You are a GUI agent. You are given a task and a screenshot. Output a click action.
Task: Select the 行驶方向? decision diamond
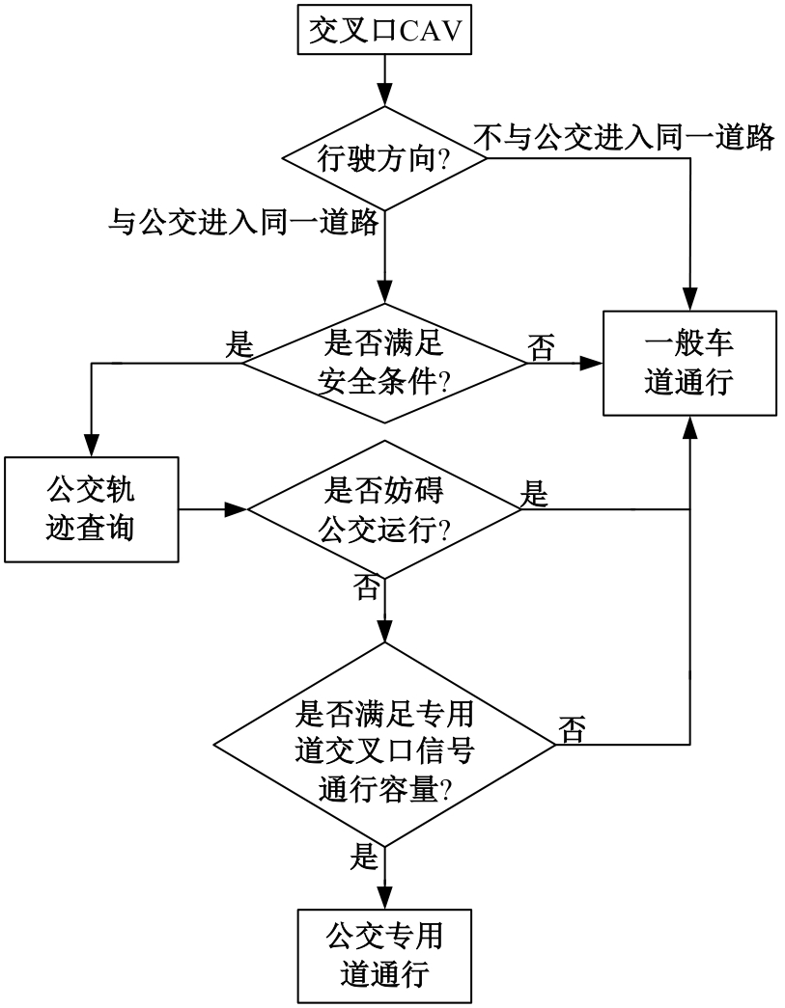click(x=385, y=162)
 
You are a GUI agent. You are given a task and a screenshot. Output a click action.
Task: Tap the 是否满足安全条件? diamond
click(x=385, y=363)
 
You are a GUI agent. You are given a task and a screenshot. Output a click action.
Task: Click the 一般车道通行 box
click(x=690, y=363)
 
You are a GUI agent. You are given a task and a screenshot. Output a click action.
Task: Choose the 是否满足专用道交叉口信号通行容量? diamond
click(x=385, y=744)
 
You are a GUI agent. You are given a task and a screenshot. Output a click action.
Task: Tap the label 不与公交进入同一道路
click(x=625, y=137)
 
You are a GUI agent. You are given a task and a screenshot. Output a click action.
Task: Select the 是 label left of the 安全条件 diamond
click(x=237, y=343)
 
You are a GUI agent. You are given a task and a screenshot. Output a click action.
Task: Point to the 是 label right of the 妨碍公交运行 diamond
click(x=533, y=494)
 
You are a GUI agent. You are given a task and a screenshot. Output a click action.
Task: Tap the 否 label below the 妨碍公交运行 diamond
click(x=368, y=587)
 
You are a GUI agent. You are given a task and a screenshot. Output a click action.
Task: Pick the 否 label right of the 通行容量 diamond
click(x=571, y=729)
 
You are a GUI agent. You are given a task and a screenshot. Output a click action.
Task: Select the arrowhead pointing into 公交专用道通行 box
click(x=385, y=896)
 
